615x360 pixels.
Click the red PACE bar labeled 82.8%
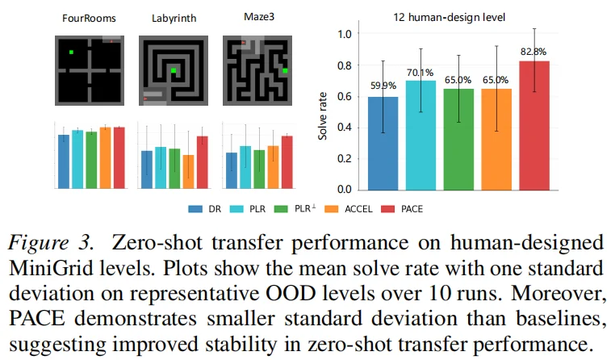pos(534,125)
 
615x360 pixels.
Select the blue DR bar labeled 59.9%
pos(383,144)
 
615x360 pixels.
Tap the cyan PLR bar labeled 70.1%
pos(420,136)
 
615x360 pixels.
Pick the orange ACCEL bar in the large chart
pos(496,140)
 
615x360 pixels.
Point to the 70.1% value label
pos(420,73)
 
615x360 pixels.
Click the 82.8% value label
pos(533,52)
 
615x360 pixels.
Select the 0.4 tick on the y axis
pos(345,128)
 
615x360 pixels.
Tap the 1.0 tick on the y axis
pos(345,34)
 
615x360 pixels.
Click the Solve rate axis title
pos(322,116)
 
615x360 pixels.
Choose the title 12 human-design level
pos(449,17)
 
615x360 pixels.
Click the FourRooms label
pos(89,19)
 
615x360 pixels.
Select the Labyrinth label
pos(174,19)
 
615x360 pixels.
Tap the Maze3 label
pos(259,17)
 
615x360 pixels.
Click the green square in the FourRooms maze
pos(71,52)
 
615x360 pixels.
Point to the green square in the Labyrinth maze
pos(174,70)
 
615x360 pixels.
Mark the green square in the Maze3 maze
pos(285,70)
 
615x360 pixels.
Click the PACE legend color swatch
pos(388,209)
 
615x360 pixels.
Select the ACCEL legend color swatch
pos(332,209)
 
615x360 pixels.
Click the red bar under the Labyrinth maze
pos(203,162)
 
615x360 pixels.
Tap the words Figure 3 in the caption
pos(51,242)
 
